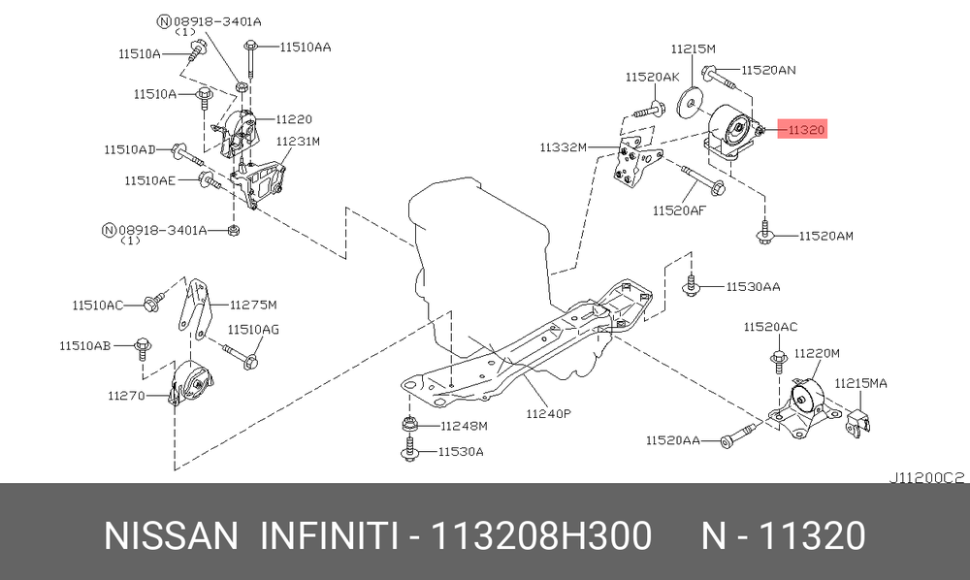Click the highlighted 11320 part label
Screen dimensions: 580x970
(x=806, y=129)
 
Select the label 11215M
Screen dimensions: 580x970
(x=694, y=48)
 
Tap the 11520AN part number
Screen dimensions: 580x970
(x=769, y=70)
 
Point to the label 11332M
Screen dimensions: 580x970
(x=565, y=147)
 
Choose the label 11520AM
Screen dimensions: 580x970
(x=826, y=236)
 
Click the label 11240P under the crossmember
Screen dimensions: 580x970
(x=548, y=413)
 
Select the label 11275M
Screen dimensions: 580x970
(x=252, y=304)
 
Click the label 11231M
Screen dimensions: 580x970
(x=298, y=141)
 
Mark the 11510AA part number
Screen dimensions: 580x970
(x=306, y=46)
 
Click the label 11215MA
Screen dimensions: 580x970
(x=861, y=383)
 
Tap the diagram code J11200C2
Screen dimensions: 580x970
(x=926, y=476)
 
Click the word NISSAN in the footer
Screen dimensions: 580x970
(x=170, y=535)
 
